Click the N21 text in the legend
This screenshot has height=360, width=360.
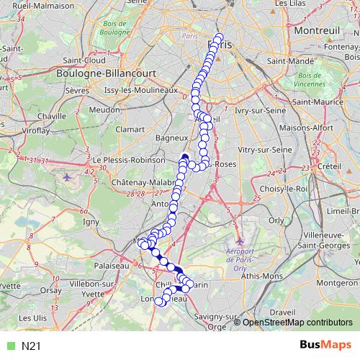click(31, 346)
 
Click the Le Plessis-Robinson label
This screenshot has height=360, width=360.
click(124, 160)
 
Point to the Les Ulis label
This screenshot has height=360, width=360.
click(33, 318)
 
